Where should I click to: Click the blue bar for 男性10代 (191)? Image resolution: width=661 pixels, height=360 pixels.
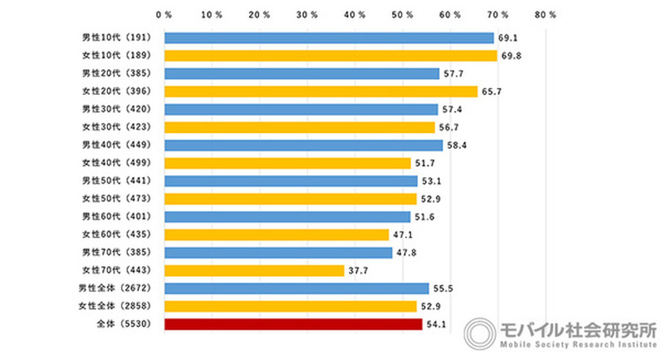pyautogui.click(x=328, y=37)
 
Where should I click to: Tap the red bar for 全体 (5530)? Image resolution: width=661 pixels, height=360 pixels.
pyautogui.click(x=293, y=324)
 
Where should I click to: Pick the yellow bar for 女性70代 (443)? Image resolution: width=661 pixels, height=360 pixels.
pyautogui.click(x=254, y=270)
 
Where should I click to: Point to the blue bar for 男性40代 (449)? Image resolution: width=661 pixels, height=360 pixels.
pyautogui.click(x=303, y=145)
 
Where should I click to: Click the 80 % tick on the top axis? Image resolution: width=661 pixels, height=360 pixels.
pyautogui.click(x=546, y=14)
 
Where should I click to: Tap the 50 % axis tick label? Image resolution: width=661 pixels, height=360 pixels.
pyautogui.click(x=402, y=14)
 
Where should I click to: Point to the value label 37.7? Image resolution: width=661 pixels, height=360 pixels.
pyautogui.click(x=358, y=270)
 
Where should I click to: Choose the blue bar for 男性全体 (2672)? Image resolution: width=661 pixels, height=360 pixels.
pyautogui.click(x=297, y=288)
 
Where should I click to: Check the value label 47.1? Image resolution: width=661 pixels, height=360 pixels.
pyautogui.click(x=402, y=235)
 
